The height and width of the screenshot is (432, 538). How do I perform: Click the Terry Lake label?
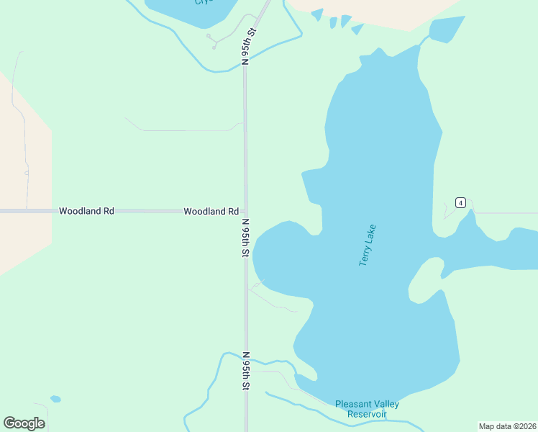coord(368,246)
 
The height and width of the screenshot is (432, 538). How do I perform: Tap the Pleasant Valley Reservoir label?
coord(367,409)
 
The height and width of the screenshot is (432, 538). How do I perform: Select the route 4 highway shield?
coord(460,202)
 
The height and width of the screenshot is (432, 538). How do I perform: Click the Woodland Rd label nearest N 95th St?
coord(211,212)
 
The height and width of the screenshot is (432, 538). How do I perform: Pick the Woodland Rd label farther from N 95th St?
coord(86,212)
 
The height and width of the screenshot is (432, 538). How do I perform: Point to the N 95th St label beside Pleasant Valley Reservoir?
coord(246,372)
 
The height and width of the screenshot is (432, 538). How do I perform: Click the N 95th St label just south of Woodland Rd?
coord(246,238)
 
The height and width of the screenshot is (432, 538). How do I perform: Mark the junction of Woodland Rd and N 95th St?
coord(245,212)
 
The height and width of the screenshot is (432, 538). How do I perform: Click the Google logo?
coord(24,423)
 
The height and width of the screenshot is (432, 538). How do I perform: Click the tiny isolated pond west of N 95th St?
coord(55,399)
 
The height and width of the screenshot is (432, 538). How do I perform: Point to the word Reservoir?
coord(367,414)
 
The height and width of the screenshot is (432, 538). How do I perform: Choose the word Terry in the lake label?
coord(364,256)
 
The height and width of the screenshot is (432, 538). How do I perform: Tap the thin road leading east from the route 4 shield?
coord(503,213)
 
